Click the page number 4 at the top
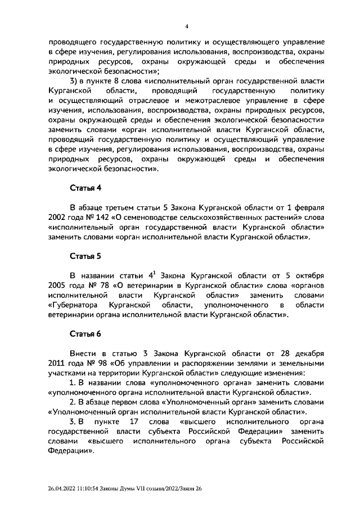click(186, 26)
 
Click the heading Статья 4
click(85, 187)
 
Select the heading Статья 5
click(85, 256)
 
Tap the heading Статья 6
click(85, 334)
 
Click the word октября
click(309, 276)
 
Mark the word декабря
click(308, 354)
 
